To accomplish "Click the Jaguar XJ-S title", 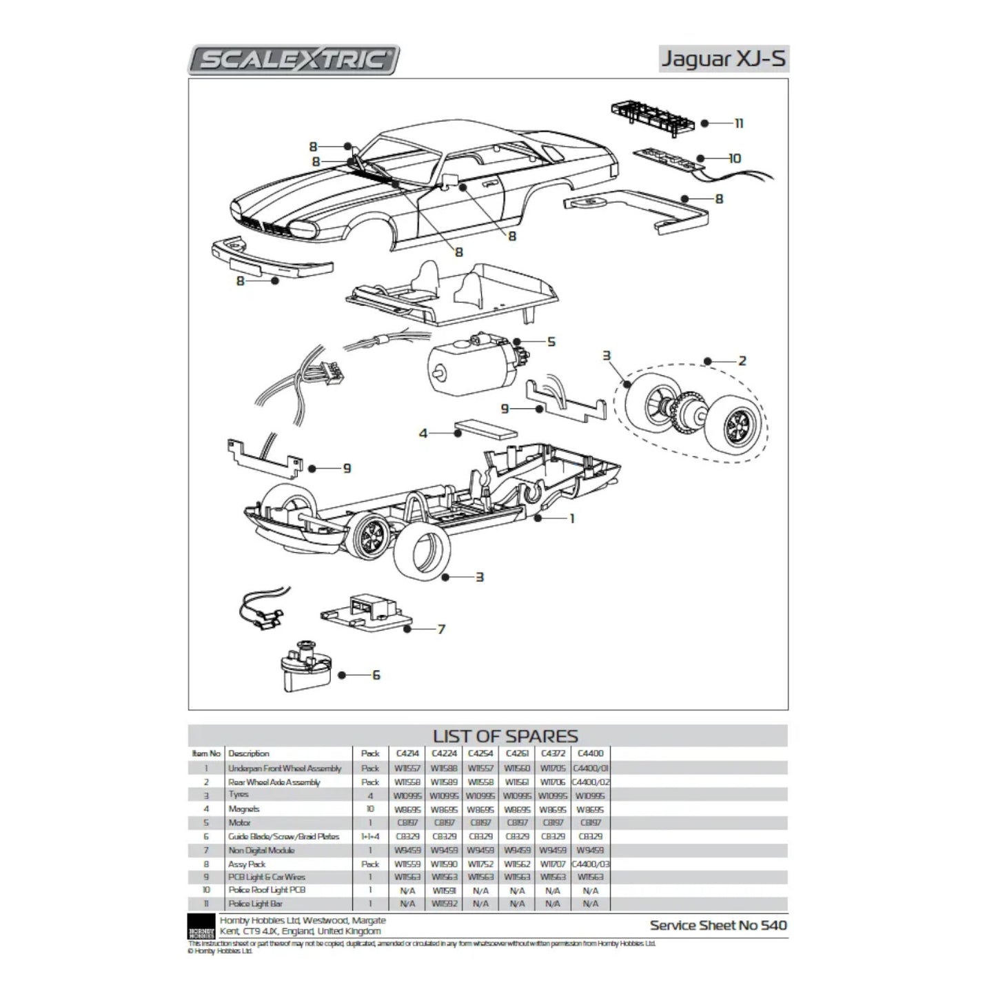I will (x=723, y=59).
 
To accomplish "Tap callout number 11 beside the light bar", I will (x=738, y=123).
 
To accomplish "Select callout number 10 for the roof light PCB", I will (x=734, y=159).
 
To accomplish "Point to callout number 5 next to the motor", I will (x=551, y=342).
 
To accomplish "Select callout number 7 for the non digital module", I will (x=441, y=629).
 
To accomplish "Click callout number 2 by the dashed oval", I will (x=742, y=360).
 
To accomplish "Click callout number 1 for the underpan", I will (x=571, y=518).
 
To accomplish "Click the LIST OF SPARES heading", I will (x=505, y=736).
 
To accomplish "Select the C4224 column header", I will (x=443, y=753).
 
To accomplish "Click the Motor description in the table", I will (x=239, y=823).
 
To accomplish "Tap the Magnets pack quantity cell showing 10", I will (x=370, y=809).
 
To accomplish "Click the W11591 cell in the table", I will (x=443, y=891).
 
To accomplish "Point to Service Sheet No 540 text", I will (x=718, y=925).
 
